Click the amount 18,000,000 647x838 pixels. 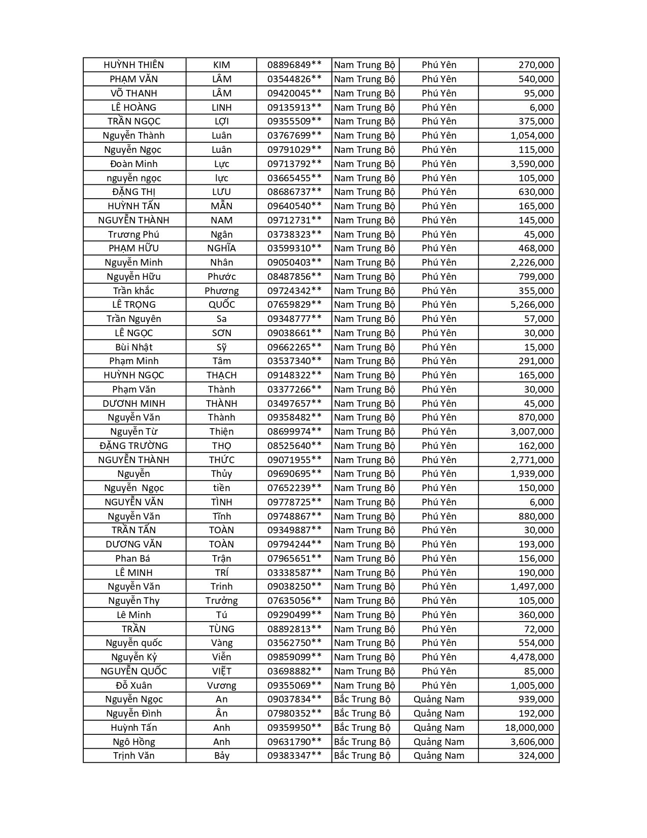(x=529, y=727)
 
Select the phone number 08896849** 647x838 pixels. (x=294, y=65)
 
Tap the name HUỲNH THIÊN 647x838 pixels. (x=134, y=65)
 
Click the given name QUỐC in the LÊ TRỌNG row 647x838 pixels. (x=222, y=304)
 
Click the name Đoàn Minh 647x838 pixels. (x=134, y=164)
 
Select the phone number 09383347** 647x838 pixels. (x=294, y=755)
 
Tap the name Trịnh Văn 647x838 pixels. (x=134, y=755)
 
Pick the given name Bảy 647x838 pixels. (x=222, y=755)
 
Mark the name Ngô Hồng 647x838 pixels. (x=134, y=742)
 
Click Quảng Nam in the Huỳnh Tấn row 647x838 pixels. (x=439, y=727)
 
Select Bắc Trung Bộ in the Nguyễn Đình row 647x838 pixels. (x=362, y=713)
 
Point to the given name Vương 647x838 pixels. (x=222, y=685)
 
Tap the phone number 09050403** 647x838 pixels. (x=294, y=262)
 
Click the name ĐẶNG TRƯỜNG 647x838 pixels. (x=134, y=445)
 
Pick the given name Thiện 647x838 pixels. (x=222, y=431)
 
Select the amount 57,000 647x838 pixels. (x=539, y=318)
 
